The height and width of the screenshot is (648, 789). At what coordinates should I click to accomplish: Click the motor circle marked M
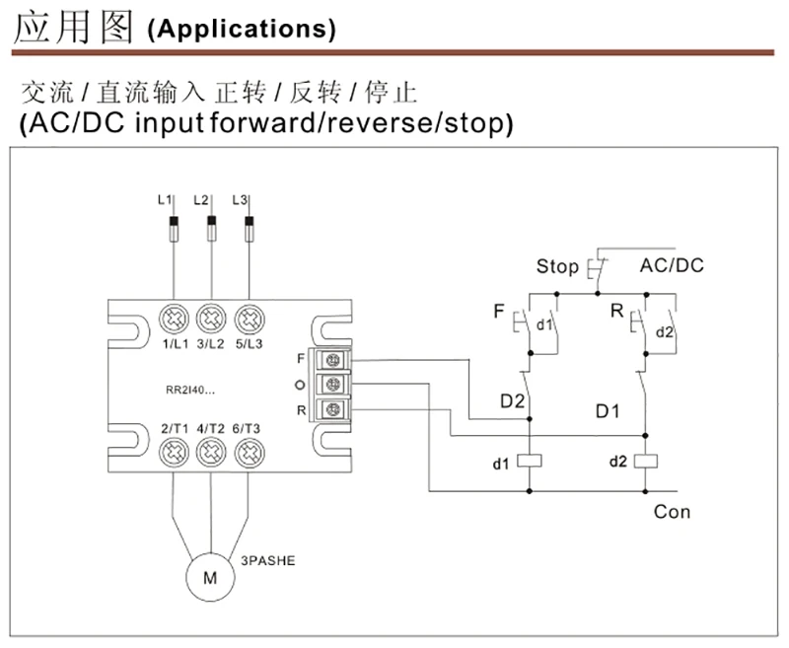pyautogui.click(x=210, y=577)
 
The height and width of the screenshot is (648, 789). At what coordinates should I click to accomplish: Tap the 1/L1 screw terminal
pyautogui.click(x=175, y=319)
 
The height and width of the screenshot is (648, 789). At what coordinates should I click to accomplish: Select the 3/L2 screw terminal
pyautogui.click(x=211, y=319)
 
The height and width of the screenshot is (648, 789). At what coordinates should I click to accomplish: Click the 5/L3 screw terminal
pyautogui.click(x=250, y=319)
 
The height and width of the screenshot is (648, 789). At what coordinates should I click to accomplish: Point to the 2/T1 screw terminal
pyautogui.click(x=175, y=453)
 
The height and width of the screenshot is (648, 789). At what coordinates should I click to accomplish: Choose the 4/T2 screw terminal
pyautogui.click(x=211, y=453)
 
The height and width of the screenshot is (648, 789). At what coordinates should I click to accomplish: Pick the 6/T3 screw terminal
pyautogui.click(x=250, y=453)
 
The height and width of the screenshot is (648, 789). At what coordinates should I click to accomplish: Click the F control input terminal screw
pyautogui.click(x=332, y=360)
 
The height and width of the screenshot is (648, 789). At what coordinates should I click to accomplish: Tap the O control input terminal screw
pyautogui.click(x=332, y=385)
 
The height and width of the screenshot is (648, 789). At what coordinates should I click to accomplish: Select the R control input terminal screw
pyautogui.click(x=332, y=409)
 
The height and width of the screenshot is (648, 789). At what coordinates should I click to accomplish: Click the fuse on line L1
pyautogui.click(x=174, y=229)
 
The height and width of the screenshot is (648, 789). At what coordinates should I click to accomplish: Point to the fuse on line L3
pyautogui.click(x=250, y=229)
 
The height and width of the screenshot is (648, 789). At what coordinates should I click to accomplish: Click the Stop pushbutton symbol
pyautogui.click(x=597, y=268)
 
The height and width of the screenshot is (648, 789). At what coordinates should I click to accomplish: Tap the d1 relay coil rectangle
pyautogui.click(x=530, y=461)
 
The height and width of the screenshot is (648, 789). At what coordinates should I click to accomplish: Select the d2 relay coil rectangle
pyautogui.click(x=646, y=461)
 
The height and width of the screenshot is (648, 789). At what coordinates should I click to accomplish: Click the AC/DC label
pyautogui.click(x=672, y=265)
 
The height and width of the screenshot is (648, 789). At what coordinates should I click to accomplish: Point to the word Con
pyautogui.click(x=672, y=512)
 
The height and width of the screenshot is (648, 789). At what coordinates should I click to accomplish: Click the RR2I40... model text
pyautogui.click(x=190, y=391)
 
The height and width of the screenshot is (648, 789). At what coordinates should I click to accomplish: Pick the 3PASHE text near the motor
pyautogui.click(x=267, y=561)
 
